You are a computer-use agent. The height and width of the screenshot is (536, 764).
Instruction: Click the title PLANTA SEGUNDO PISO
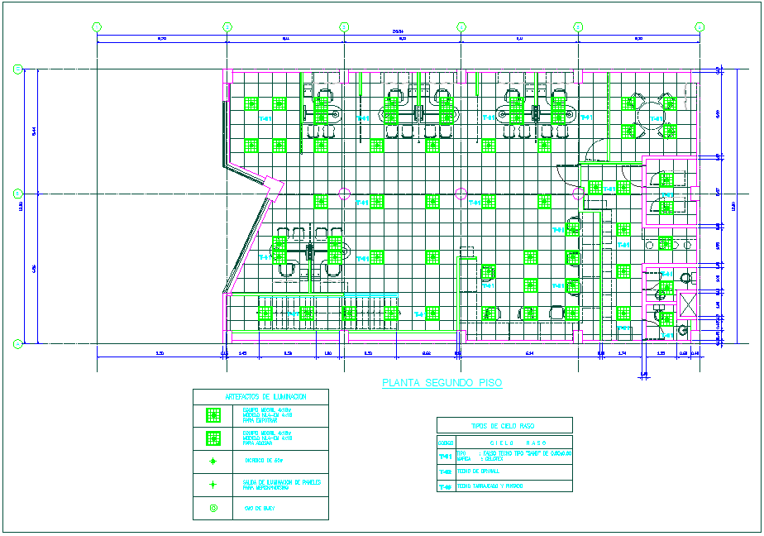click(x=442, y=383)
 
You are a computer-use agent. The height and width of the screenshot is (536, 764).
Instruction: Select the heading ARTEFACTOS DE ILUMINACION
click(x=260, y=397)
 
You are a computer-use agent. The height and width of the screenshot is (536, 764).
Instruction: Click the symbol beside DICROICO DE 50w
click(x=213, y=461)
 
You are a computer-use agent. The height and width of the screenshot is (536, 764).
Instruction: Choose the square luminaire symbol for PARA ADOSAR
click(x=213, y=438)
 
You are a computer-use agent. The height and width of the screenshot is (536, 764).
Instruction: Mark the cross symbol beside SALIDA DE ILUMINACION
click(x=213, y=485)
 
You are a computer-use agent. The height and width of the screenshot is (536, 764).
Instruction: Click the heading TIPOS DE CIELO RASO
click(x=504, y=425)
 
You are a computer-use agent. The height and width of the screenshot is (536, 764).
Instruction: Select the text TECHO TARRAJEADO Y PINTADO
click(x=492, y=486)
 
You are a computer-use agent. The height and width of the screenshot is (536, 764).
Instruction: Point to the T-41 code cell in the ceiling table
click(x=445, y=456)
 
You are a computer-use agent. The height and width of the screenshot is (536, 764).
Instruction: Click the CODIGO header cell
click(x=445, y=442)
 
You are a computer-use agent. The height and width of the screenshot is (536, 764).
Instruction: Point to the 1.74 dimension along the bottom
click(x=622, y=353)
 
